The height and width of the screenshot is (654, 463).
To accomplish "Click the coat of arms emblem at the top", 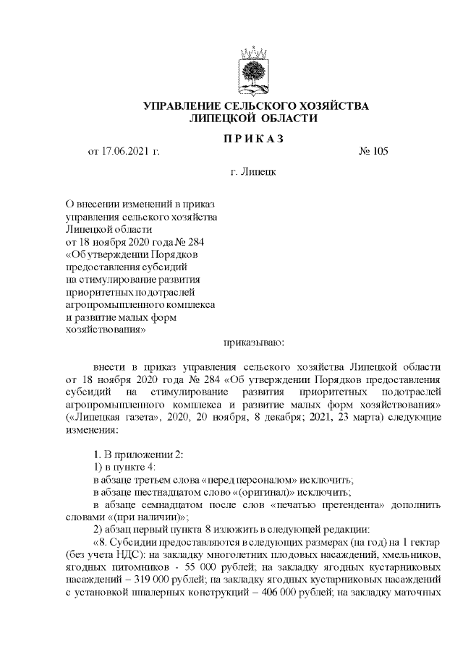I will [x=254, y=69].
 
